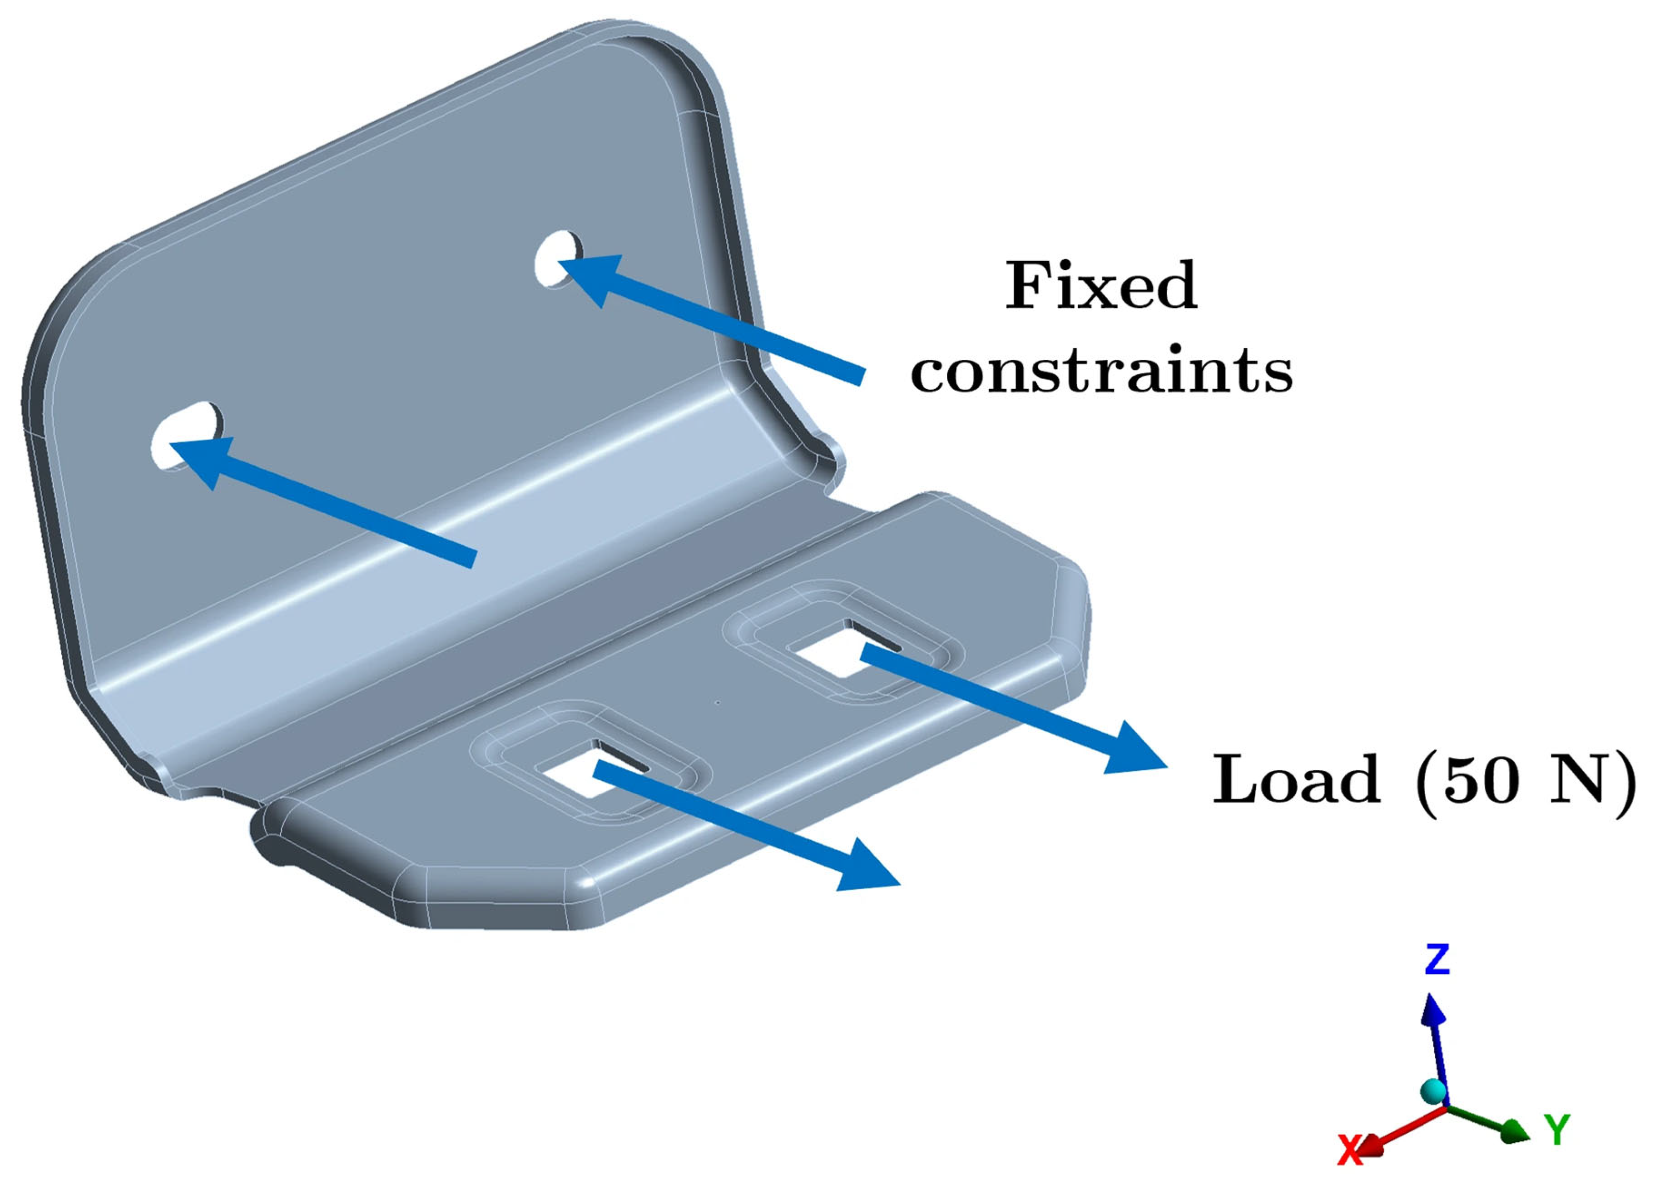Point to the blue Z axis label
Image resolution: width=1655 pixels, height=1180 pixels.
(x=1437, y=959)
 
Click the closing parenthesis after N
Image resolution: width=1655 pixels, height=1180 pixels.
(x=1626, y=781)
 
